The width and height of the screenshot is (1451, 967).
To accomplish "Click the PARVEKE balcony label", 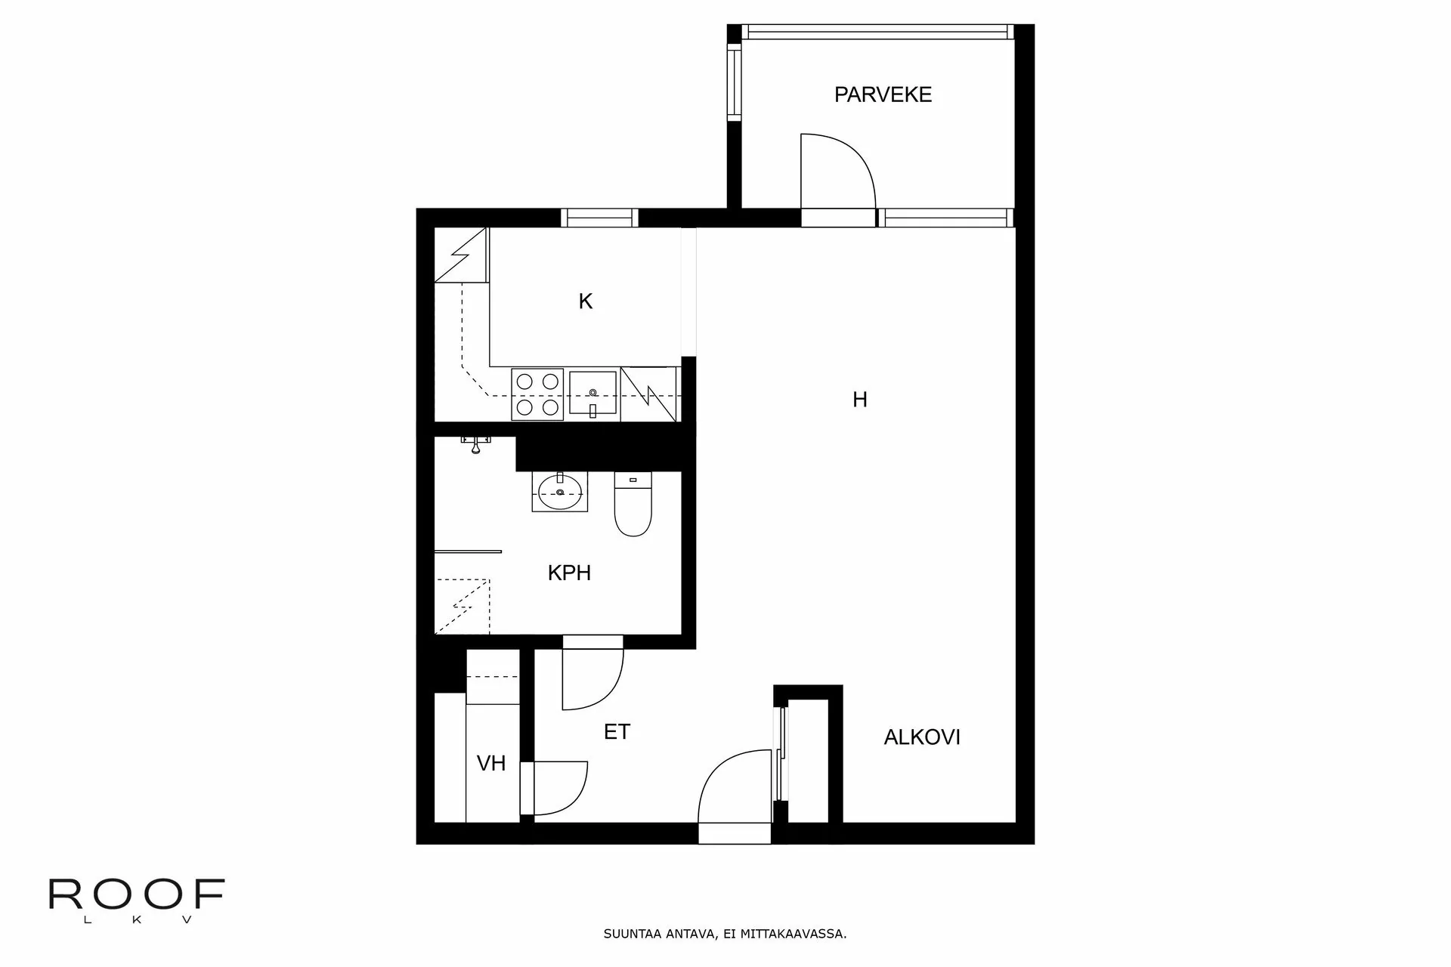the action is [x=883, y=94].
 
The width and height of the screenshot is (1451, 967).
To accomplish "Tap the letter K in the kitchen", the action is [x=586, y=301].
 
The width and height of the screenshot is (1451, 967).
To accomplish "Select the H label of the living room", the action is [x=860, y=400].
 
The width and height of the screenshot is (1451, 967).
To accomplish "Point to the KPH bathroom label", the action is [x=569, y=573].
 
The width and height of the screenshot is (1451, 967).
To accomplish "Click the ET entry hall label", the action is [x=617, y=731].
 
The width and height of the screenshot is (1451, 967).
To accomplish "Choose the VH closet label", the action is [x=491, y=763].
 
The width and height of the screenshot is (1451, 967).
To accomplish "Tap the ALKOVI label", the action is [x=922, y=737].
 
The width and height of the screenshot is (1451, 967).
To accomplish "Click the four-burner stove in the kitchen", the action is [x=537, y=394].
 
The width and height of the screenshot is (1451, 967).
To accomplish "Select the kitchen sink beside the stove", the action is [x=594, y=394].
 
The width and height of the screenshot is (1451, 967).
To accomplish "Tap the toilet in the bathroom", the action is [x=633, y=503].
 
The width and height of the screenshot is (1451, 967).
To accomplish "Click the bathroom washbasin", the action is [x=560, y=492].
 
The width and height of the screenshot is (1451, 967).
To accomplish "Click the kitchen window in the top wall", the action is [x=600, y=218].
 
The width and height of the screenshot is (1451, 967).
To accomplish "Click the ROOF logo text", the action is [x=137, y=894].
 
